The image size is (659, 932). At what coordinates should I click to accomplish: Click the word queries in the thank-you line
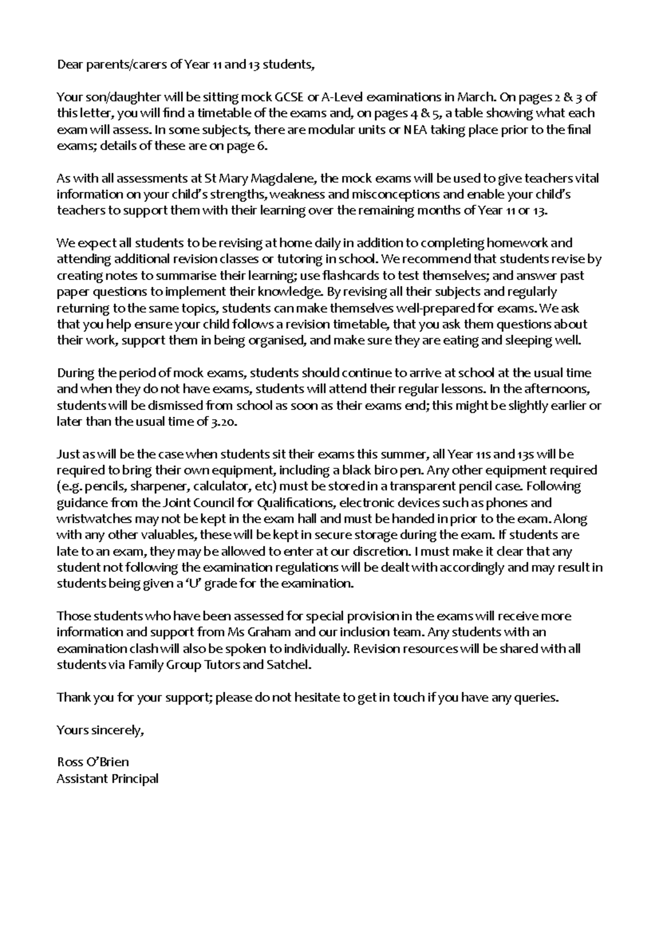(538, 698)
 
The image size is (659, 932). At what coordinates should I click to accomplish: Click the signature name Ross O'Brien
(93, 762)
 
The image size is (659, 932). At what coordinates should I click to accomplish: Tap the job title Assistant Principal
(108, 779)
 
